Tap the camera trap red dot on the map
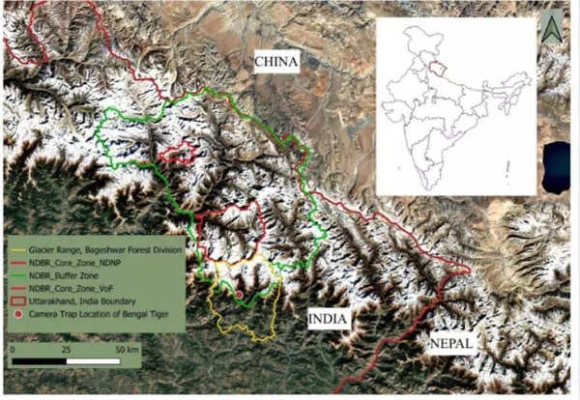coord(239,293)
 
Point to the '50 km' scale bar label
coord(127,347)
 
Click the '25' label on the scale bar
coord(67,347)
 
